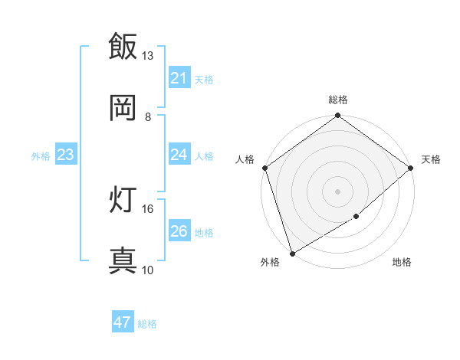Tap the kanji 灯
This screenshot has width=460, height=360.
click(x=123, y=200)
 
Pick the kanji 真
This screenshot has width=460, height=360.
click(x=123, y=260)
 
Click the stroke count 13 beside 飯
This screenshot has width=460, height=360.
click(x=148, y=56)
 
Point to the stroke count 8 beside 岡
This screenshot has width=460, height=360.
click(x=148, y=116)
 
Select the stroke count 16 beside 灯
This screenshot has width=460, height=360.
click(x=148, y=208)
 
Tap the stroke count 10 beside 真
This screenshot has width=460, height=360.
click(x=148, y=270)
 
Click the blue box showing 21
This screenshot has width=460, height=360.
click(x=179, y=78)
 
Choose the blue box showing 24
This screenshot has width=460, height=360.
click(x=179, y=155)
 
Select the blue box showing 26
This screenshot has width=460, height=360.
click(x=179, y=231)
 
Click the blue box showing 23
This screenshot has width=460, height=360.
click(x=66, y=155)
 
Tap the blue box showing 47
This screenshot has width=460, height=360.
click(x=123, y=322)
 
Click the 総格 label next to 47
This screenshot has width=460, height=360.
click(x=147, y=324)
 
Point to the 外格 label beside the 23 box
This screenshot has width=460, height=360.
click(x=41, y=156)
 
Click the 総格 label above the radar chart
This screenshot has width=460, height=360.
click(x=338, y=100)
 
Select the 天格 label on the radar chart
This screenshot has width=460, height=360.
click(x=431, y=159)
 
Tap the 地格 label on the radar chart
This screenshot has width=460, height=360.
click(x=402, y=262)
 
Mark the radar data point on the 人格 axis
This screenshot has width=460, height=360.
click(x=264, y=168)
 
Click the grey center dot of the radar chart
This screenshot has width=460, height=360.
click(x=337, y=191)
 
